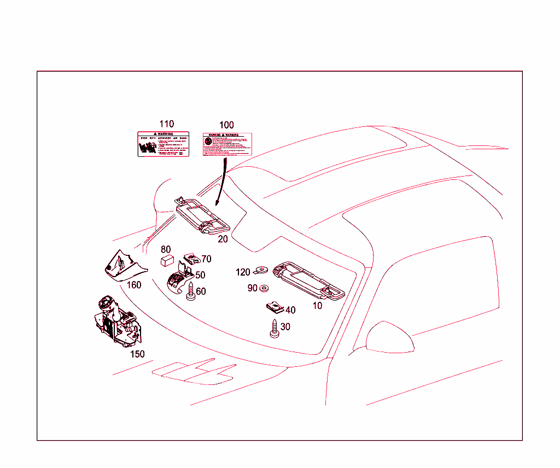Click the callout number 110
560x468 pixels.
(x=166, y=124)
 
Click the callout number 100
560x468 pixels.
(x=226, y=125)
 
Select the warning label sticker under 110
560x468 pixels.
(x=163, y=144)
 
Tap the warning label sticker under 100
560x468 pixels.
(x=226, y=144)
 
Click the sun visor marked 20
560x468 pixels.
(x=203, y=217)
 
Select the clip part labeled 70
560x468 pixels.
(x=190, y=257)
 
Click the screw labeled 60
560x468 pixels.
(x=191, y=291)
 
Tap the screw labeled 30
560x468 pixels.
(x=273, y=329)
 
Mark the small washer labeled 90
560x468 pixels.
(x=264, y=288)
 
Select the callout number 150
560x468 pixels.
(x=137, y=354)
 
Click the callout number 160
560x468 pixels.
(x=133, y=285)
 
